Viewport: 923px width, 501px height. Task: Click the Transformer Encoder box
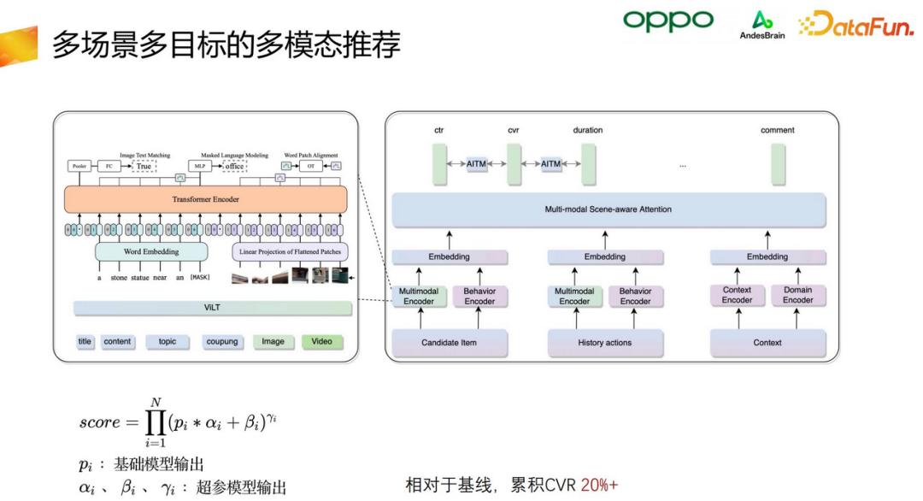click(206, 198)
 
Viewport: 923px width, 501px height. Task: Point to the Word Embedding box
click(152, 252)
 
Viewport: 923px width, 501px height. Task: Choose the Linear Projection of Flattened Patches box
click(291, 252)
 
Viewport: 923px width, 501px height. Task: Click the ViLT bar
click(212, 308)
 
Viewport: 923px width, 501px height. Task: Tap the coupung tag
click(222, 342)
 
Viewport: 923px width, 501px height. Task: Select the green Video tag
click(321, 342)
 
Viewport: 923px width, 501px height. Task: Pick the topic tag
click(168, 342)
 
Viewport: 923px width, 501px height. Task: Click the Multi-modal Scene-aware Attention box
click(608, 209)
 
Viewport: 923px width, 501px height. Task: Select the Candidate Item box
click(449, 343)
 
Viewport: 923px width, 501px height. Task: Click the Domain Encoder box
click(797, 296)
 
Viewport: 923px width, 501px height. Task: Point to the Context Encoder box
click(737, 296)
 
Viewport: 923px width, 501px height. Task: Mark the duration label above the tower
click(587, 130)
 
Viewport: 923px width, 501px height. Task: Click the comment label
click(777, 130)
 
